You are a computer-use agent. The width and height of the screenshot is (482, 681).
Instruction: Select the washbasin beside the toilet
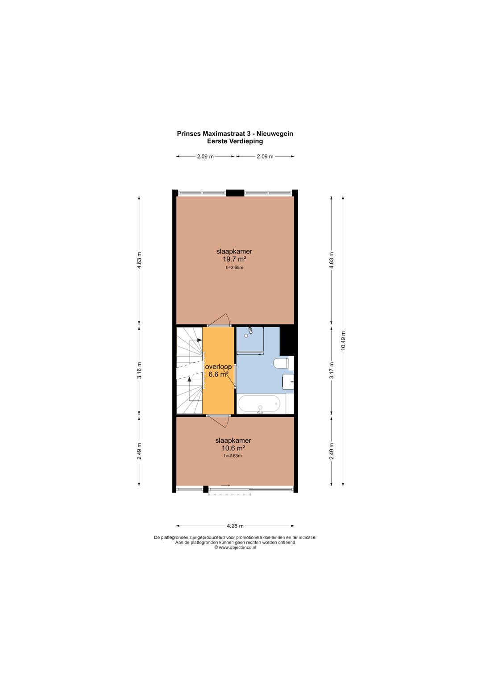click(288, 382)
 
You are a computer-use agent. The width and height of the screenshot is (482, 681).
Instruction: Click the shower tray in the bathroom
click(250, 340)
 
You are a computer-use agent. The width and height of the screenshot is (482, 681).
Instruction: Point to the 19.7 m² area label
click(234, 259)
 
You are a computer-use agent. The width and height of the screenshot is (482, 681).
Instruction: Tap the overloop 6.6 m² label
click(218, 370)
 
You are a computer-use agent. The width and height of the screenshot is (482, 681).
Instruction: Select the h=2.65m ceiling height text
click(234, 268)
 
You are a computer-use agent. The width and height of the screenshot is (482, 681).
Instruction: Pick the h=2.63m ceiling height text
click(233, 456)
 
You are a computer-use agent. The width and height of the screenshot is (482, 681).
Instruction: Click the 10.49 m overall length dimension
click(343, 340)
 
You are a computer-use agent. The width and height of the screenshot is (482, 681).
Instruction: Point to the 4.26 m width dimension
click(235, 526)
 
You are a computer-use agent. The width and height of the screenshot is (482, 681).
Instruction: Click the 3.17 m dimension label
click(332, 370)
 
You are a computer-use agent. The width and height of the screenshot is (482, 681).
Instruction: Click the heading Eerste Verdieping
click(235, 141)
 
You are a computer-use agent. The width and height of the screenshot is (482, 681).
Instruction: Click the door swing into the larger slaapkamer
click(219, 319)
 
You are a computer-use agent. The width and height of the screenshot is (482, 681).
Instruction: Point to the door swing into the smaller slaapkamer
click(219, 422)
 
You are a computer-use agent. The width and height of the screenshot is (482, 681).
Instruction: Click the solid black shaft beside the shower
click(287, 340)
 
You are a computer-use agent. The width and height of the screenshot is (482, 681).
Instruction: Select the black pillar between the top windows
click(235, 193)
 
